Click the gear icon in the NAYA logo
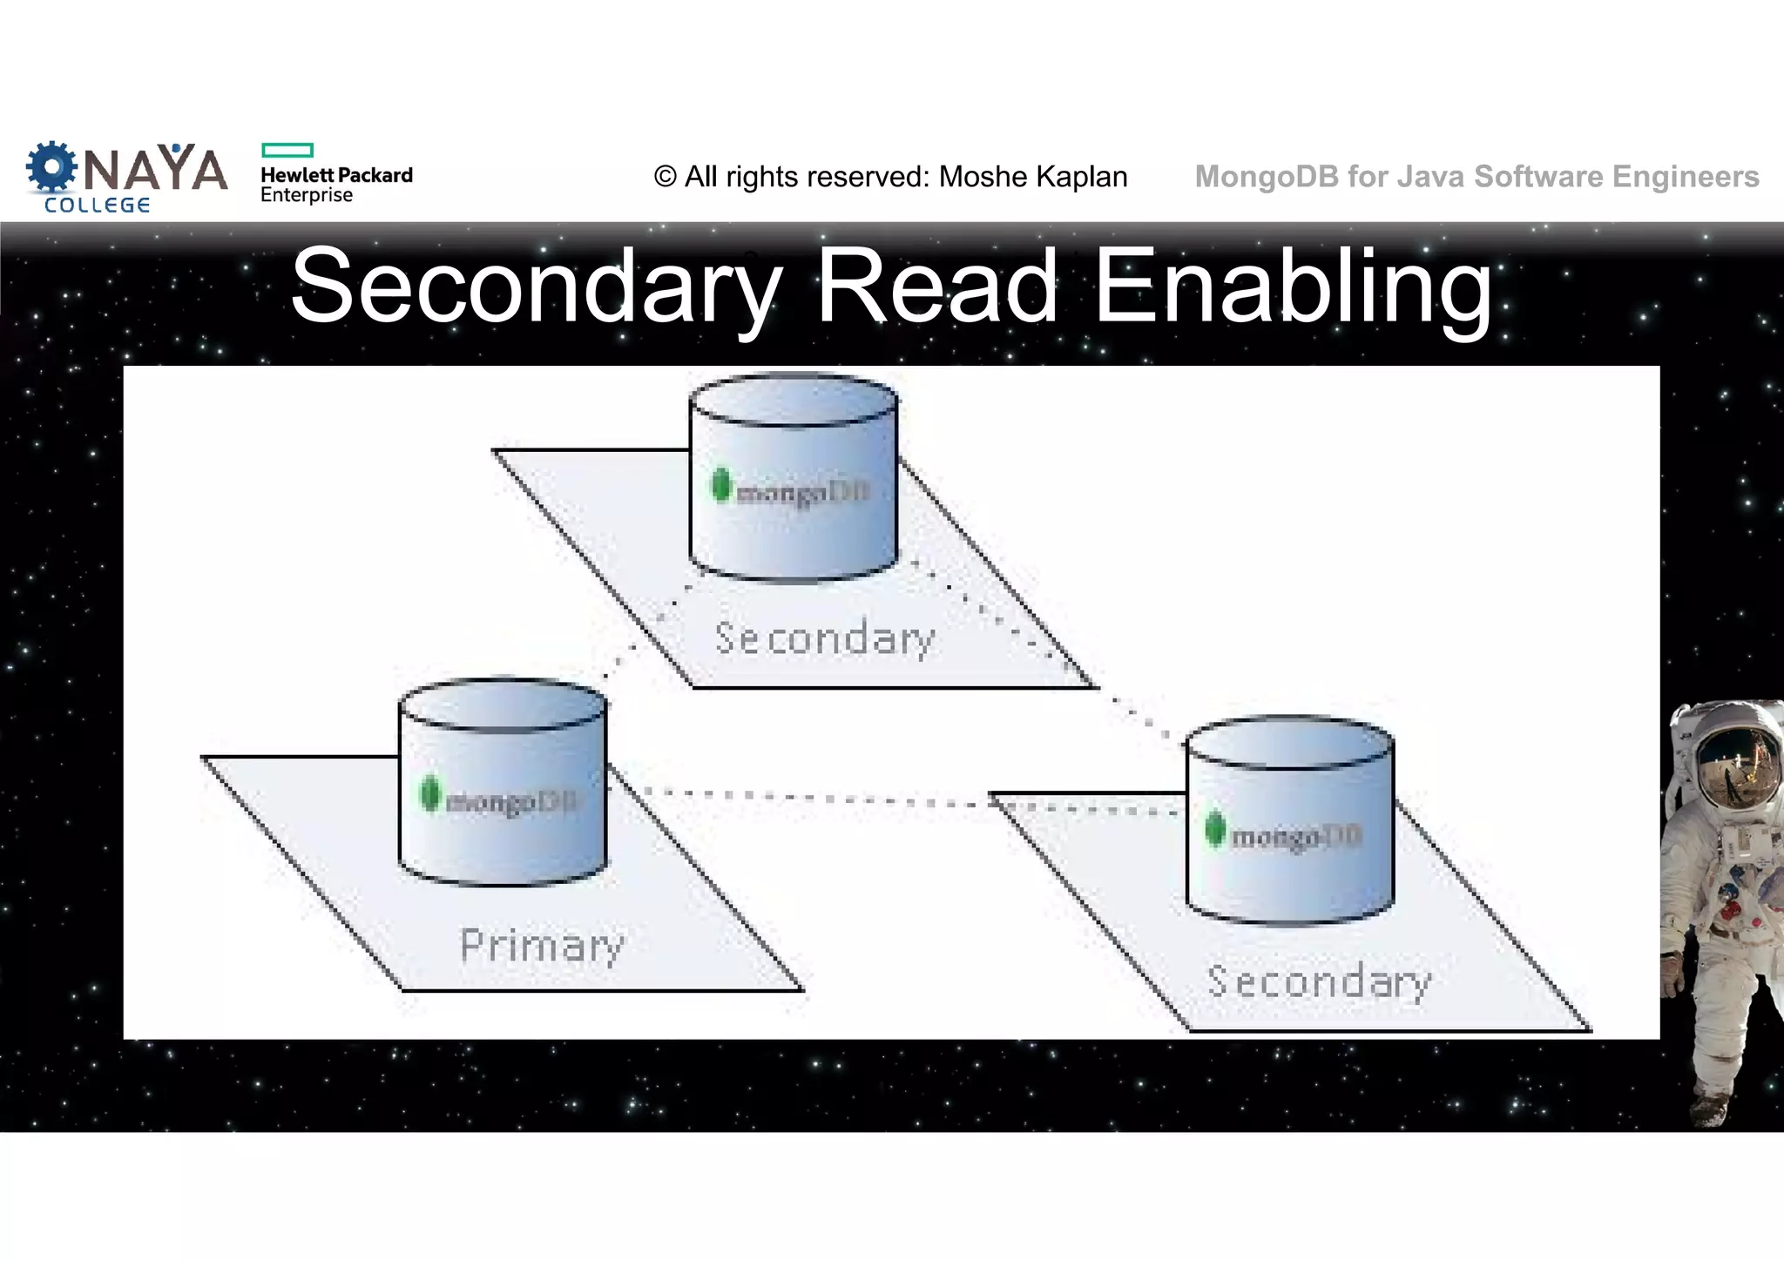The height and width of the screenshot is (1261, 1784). pos(51,167)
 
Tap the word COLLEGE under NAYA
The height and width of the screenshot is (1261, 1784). pos(98,206)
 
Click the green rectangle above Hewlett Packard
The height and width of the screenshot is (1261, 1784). pos(287,150)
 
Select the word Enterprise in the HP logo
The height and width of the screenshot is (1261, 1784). pos(307,195)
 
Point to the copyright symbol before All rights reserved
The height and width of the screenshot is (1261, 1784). pos(665,177)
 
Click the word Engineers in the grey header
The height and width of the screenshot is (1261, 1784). pos(1686,176)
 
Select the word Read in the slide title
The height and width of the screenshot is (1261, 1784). pos(936,287)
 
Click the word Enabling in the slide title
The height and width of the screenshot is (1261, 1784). pos(1293,287)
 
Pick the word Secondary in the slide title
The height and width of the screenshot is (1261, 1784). pos(537,287)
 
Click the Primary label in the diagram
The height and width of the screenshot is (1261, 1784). pos(542,946)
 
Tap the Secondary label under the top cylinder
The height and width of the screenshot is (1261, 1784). pos(824,638)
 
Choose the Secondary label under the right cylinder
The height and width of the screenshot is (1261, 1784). pos(1319,982)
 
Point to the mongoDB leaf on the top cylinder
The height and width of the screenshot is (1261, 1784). pos(720,484)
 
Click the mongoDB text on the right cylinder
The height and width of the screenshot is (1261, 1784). pos(1296,837)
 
